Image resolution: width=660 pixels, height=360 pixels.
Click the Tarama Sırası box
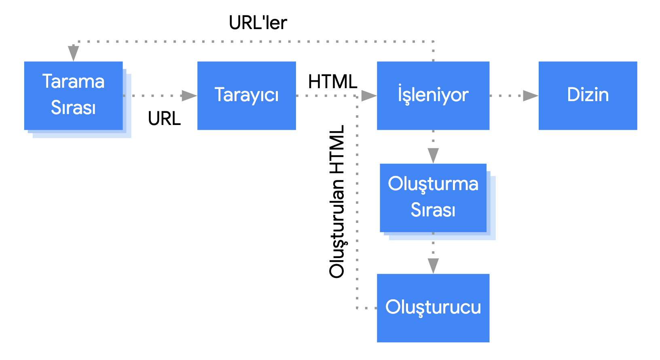point(73,95)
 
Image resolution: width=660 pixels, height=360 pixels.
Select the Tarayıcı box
point(246,95)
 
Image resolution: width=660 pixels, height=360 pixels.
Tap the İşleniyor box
point(433,95)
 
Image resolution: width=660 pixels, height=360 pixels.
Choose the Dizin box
point(588,95)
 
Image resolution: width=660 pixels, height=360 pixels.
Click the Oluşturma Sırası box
point(433,197)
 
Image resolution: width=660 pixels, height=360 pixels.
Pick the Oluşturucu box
point(433,308)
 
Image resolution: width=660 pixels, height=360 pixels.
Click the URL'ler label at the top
point(258,23)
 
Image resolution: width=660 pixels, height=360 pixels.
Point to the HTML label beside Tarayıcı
point(332,82)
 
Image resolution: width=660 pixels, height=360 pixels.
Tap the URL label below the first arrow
point(164,119)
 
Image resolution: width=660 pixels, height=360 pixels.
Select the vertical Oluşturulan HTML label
point(337,201)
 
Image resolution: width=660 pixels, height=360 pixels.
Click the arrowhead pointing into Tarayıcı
point(189,96)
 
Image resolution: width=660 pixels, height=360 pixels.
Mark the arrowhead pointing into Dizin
point(530,96)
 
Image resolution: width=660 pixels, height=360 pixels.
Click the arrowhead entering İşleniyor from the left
point(368,96)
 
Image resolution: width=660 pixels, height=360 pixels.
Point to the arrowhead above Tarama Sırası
point(73,53)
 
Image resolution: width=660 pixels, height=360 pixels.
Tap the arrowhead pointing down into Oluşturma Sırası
point(433,156)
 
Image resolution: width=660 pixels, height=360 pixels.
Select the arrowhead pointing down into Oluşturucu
point(433,266)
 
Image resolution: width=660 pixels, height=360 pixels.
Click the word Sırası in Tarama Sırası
point(73,108)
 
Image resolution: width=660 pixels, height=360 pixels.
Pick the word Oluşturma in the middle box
point(433,184)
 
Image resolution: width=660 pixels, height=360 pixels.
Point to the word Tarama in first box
point(73,82)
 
